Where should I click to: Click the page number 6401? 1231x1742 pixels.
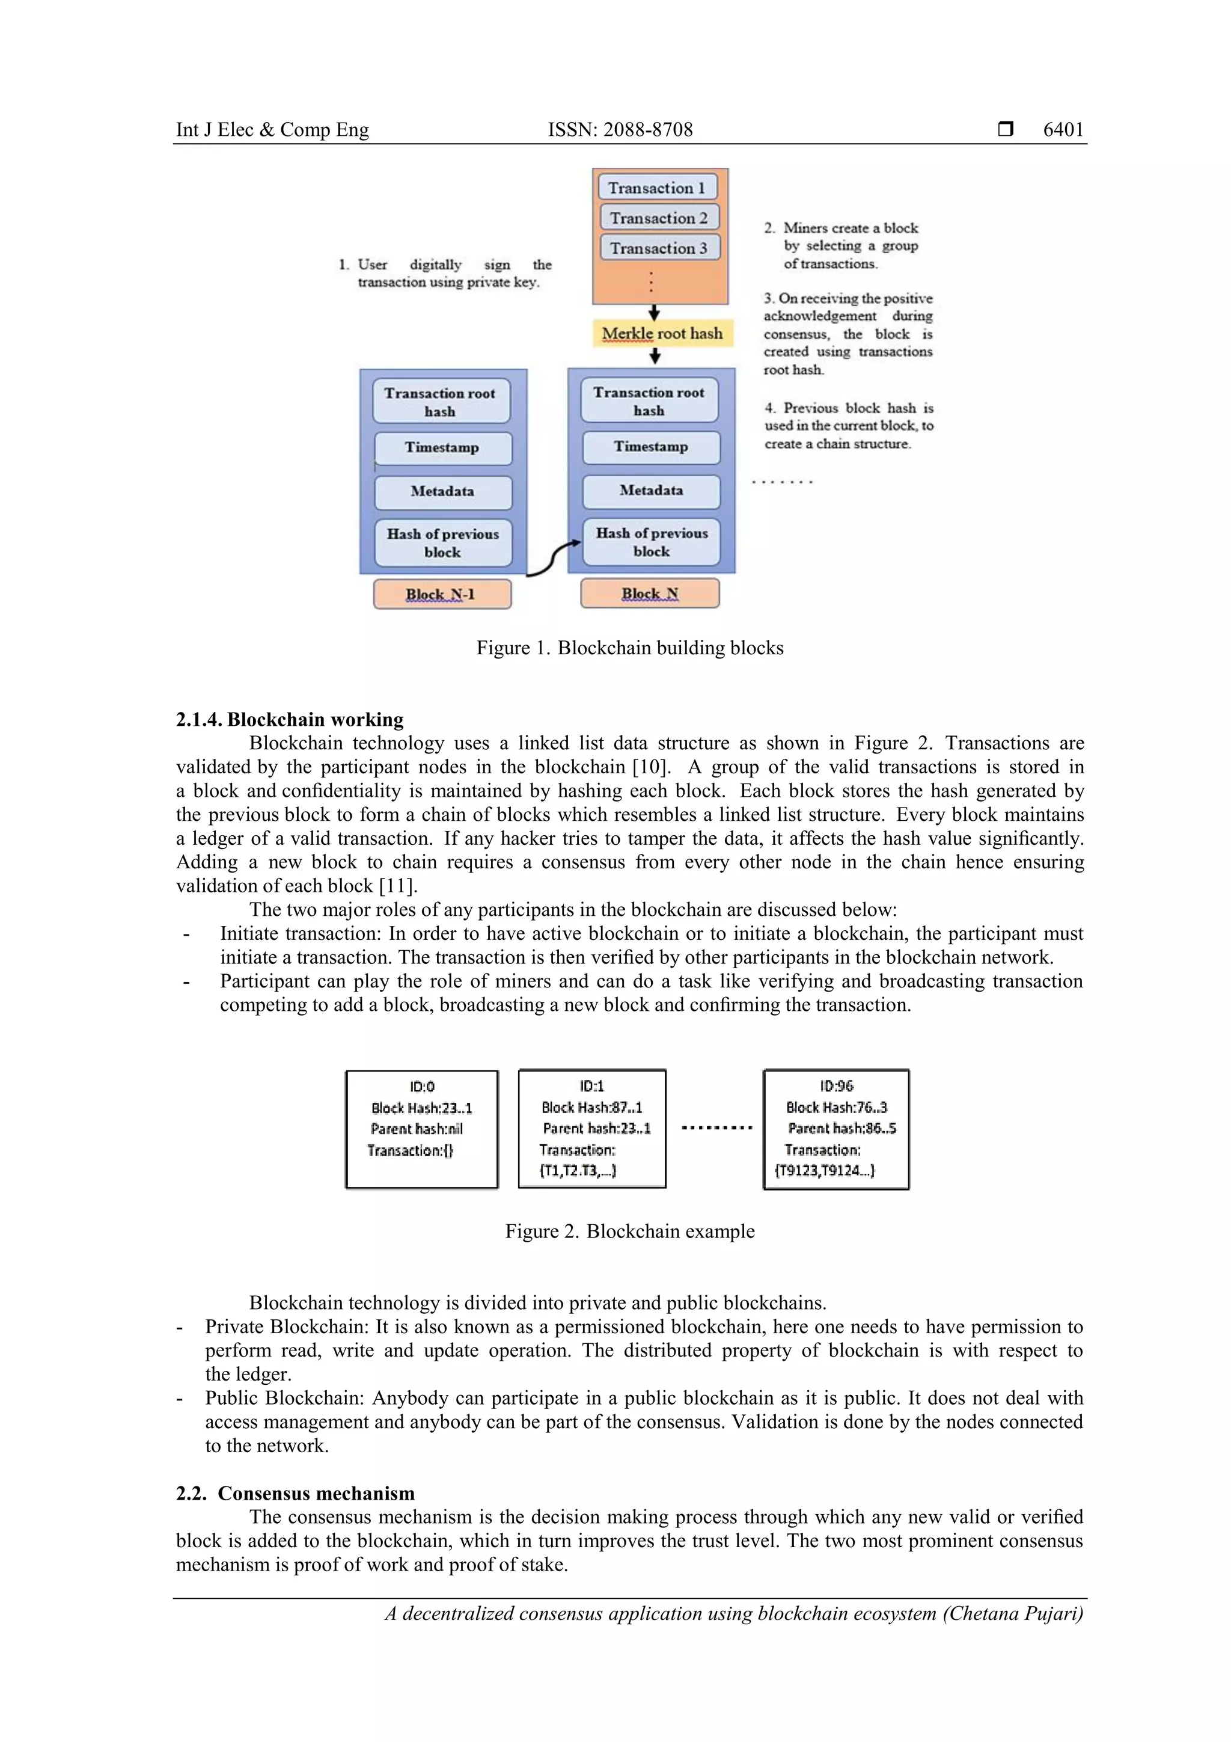1063,130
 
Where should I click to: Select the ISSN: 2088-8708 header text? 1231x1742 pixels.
620,130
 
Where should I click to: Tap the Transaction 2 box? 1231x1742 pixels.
658,218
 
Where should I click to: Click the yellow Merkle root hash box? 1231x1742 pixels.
662,333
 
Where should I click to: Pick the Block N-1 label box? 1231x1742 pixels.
441,594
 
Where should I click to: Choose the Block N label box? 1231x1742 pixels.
649,593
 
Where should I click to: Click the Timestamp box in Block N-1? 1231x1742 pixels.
442,447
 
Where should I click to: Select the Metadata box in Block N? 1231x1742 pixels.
651,491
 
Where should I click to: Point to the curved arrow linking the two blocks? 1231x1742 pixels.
553,559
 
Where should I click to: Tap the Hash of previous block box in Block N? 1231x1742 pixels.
651,542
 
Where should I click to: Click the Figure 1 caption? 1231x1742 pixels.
629,648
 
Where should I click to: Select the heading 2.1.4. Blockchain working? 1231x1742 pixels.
290,719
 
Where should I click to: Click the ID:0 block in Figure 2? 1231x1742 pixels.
422,1129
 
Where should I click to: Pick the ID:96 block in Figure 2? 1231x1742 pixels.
836,1129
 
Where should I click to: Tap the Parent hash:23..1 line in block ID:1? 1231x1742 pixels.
596,1128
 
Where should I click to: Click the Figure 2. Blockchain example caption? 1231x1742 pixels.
629,1231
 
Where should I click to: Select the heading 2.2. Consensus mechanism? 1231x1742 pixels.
296,1493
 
